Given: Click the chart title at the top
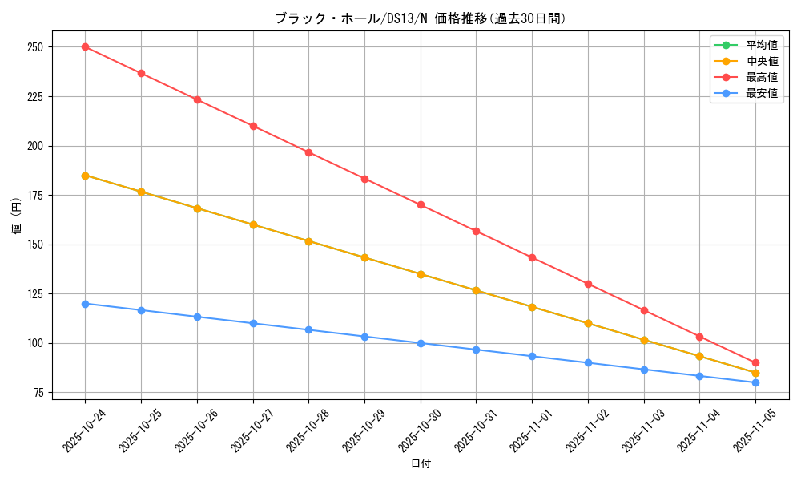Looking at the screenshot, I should point(421,18).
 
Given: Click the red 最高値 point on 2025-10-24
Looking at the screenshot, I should point(85,46).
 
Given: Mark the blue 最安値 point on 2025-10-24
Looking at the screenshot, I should point(85,304).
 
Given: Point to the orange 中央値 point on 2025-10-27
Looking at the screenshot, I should point(253,224).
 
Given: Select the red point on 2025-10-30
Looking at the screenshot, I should point(421,204).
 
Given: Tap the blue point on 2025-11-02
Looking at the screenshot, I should point(588,362).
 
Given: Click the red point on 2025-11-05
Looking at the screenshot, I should point(755,362).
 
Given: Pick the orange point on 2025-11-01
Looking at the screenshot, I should point(532,307).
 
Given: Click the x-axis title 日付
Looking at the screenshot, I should point(421,464).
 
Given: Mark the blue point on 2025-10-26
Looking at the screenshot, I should point(197,317).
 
